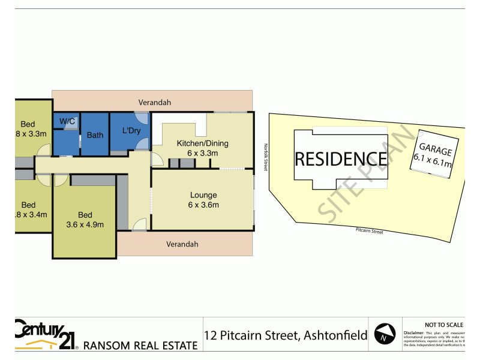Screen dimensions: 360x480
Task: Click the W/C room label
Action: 67,122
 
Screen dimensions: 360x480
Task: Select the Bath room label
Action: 95,135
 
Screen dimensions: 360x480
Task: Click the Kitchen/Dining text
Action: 202,143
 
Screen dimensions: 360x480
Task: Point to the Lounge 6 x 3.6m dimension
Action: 203,205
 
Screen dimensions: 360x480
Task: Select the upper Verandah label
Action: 155,103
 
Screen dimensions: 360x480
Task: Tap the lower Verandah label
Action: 182,244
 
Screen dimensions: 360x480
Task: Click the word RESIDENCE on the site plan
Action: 340,159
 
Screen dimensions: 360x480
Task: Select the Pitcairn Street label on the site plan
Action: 369,231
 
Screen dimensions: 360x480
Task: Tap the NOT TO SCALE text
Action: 443,325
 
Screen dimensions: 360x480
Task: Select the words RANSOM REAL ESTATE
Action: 140,345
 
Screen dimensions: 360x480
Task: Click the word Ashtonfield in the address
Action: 333,335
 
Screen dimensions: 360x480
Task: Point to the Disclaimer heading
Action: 414,332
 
